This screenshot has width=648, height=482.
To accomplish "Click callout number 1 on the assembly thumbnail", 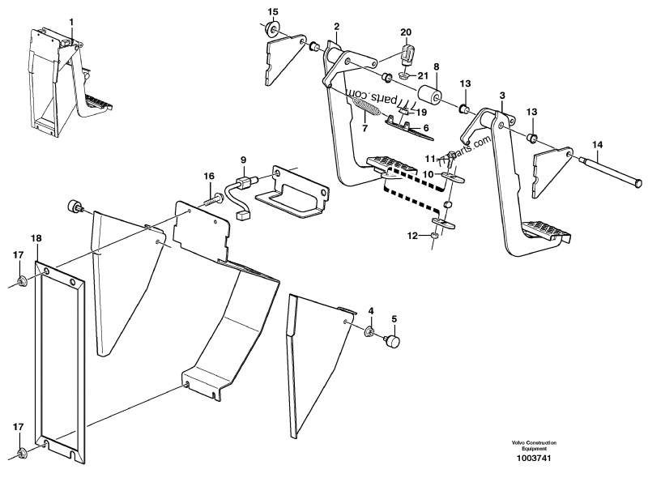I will [70, 19].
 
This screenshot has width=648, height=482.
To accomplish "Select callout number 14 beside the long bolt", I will [597, 146].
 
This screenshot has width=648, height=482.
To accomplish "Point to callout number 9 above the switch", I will [244, 160].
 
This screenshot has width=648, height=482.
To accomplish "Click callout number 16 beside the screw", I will [209, 176].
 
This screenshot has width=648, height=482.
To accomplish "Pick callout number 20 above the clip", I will [406, 32].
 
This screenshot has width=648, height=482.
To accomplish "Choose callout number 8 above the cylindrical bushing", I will [435, 66].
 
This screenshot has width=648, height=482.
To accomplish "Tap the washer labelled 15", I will [275, 31].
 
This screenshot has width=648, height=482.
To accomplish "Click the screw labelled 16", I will [217, 194].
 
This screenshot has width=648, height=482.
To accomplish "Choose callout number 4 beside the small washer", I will [371, 311].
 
